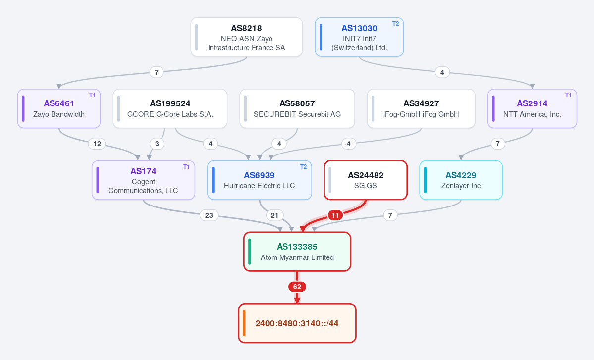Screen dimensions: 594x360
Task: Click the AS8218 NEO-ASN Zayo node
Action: pos(247,37)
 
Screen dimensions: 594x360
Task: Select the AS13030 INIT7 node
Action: pos(359,37)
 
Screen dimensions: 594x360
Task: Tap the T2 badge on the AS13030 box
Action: pos(395,24)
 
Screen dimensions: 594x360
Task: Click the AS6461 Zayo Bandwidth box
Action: pos(59,108)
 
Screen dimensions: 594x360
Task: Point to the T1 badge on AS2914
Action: pos(568,95)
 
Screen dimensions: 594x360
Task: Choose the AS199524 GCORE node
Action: pos(170,108)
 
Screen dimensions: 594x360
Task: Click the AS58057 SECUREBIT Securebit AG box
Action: pos(297,108)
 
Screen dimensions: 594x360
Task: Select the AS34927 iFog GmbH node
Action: pos(421,108)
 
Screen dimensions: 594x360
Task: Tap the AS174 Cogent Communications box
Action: pos(144,180)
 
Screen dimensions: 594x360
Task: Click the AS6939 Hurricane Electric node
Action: pos(260,180)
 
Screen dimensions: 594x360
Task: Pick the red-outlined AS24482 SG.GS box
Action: pos(366,180)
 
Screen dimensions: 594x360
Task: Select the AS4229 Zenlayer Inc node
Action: pos(461,180)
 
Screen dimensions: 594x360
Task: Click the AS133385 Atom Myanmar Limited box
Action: pos(297,252)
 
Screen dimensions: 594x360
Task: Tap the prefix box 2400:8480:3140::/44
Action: pos(297,323)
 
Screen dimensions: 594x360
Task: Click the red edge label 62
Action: pos(297,287)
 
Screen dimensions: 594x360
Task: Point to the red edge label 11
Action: pos(335,215)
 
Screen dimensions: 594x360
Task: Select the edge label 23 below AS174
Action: pos(209,215)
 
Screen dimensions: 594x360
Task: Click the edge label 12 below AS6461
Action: pos(97,144)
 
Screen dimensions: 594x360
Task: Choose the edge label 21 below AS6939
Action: pos(274,215)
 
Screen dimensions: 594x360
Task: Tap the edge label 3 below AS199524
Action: pos(157,144)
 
